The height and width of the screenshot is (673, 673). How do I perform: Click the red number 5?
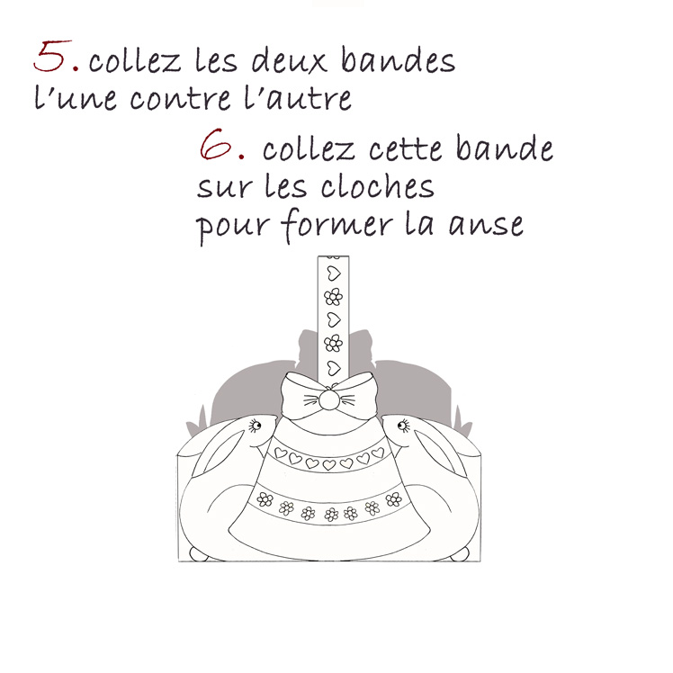(52, 56)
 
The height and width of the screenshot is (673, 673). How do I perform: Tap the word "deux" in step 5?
(289, 60)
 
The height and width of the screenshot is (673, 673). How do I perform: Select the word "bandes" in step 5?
(398, 60)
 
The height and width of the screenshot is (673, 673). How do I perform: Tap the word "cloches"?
(378, 186)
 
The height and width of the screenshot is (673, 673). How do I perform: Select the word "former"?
(337, 225)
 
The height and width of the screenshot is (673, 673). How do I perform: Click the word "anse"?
(486, 225)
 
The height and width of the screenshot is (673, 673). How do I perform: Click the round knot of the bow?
(328, 399)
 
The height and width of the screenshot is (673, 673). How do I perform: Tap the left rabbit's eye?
(256, 426)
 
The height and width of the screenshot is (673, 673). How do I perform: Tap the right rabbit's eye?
(403, 426)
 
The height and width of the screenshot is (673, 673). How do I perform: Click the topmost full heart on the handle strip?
(334, 273)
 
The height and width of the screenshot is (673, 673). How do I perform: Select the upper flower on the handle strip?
(334, 296)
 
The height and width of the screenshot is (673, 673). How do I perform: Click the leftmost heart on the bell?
(281, 453)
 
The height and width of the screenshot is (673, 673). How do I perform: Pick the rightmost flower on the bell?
(393, 499)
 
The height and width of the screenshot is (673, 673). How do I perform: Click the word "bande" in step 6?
(505, 148)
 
